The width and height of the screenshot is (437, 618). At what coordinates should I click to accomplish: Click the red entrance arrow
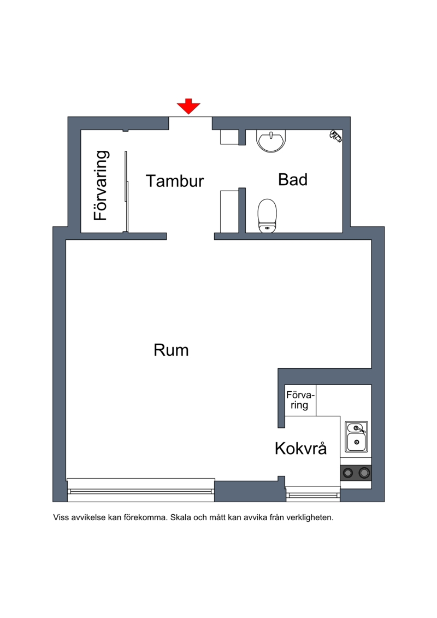click(188, 107)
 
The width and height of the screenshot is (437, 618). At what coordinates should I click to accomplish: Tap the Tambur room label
click(175, 181)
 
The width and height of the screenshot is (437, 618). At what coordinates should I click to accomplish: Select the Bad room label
click(293, 180)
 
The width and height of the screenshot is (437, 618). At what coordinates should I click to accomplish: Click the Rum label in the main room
click(171, 350)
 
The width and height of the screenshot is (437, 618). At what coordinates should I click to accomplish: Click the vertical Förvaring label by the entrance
click(101, 185)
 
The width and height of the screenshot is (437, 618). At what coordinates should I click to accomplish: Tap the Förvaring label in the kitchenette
click(300, 400)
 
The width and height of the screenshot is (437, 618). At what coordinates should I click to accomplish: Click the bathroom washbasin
click(271, 141)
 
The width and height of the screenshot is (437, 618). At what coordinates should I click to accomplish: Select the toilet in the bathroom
click(267, 216)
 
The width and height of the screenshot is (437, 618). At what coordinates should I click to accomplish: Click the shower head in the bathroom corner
click(336, 136)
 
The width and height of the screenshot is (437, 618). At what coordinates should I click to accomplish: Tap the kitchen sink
click(357, 437)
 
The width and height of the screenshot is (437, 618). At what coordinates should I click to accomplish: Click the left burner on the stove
click(348, 472)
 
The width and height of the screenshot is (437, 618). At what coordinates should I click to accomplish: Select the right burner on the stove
click(364, 472)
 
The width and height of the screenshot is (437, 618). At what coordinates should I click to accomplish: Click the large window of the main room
click(141, 490)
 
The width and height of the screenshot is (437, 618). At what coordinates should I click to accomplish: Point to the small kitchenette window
click(313, 493)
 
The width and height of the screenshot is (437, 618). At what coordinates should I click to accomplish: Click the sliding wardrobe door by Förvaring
click(126, 192)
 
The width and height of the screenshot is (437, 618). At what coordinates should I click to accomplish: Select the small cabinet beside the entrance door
click(229, 137)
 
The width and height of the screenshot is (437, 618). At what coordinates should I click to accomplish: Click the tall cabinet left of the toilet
click(229, 211)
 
